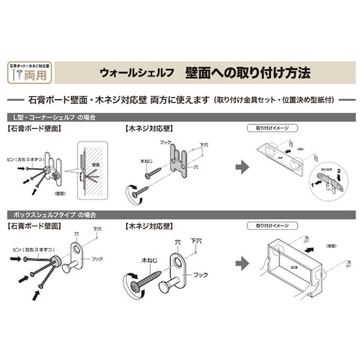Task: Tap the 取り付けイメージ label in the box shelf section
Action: click(x=272, y=225)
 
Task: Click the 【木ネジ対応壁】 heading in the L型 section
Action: click(x=150, y=128)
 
